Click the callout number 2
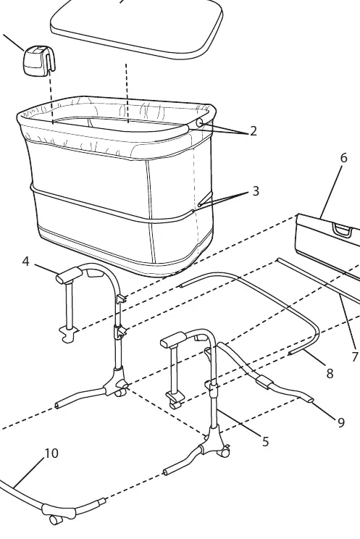point(254,131)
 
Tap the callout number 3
point(256,191)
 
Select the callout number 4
point(26,262)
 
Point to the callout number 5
point(265,442)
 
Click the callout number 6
point(343,158)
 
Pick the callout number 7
point(356,357)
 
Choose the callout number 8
point(330,373)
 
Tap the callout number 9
point(340,422)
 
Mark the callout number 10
point(51,454)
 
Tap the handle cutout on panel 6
point(342,230)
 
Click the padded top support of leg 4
point(70,276)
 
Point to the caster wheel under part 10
point(54,519)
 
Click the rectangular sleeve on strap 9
point(264,383)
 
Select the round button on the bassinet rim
point(200,122)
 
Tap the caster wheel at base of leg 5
point(225,451)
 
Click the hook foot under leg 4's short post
point(69,334)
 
